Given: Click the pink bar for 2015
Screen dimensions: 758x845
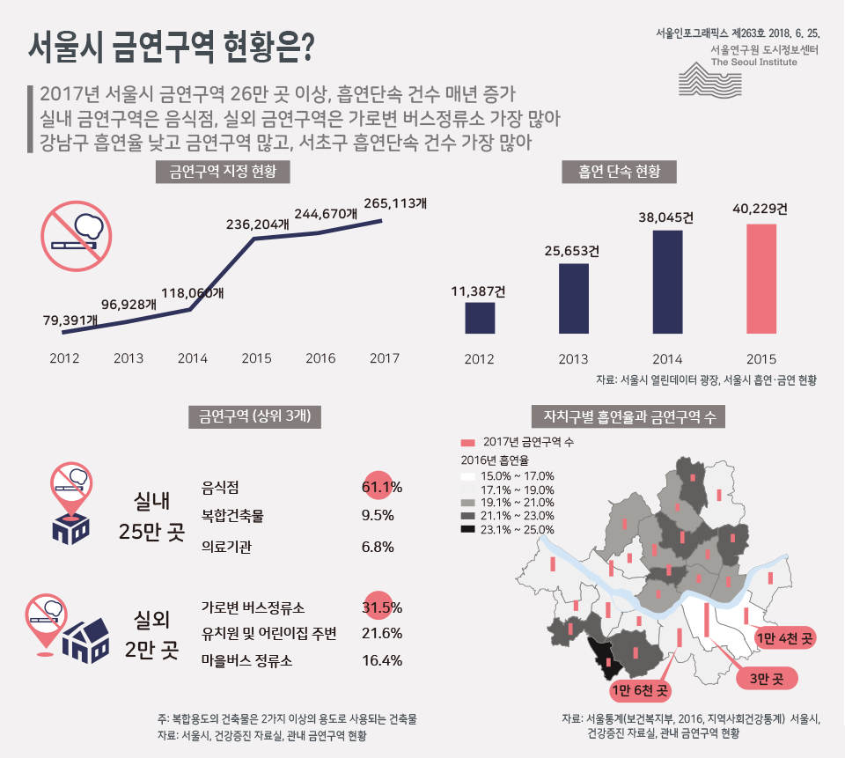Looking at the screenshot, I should [761, 279].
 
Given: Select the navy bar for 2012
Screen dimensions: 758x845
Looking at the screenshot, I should [479, 319].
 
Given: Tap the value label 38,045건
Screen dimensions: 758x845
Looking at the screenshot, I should [667, 217].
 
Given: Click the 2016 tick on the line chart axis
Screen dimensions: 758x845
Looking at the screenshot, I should [320, 358].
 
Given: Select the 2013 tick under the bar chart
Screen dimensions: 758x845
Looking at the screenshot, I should [573, 359].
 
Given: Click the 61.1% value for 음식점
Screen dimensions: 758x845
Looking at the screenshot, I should [381, 487].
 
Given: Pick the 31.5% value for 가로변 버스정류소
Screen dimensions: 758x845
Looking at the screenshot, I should [381, 607].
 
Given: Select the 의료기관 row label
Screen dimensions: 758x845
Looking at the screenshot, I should [226, 547].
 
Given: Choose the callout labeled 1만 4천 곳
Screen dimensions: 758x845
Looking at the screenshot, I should [785, 637].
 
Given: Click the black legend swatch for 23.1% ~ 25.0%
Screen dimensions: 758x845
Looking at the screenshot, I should [468, 530].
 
